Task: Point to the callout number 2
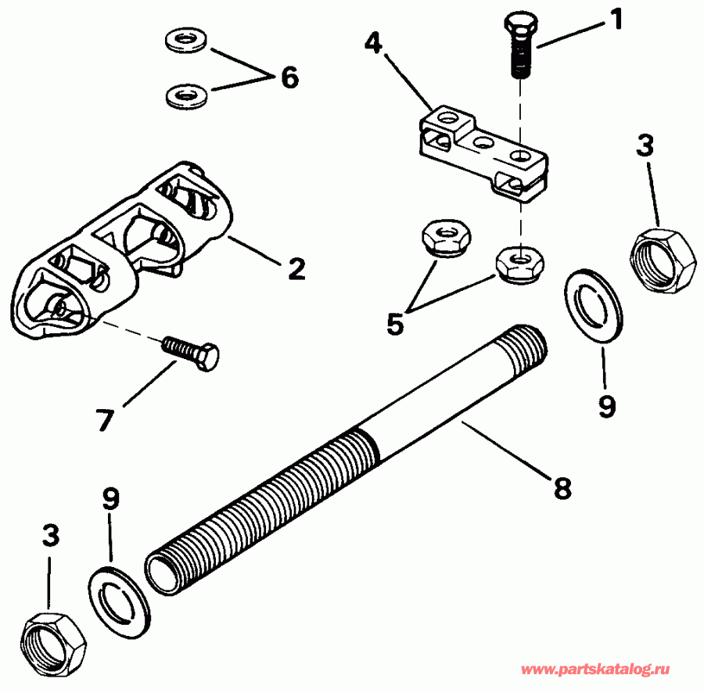295,270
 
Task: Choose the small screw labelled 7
191,353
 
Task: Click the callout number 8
562,489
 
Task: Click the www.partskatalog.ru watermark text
595,670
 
